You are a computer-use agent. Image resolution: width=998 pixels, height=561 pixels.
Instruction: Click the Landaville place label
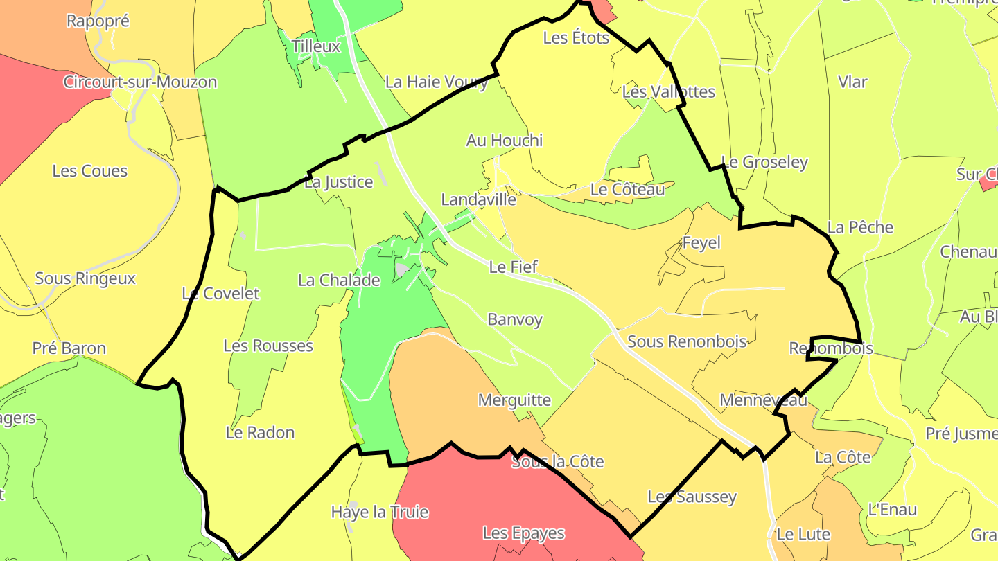(x=479, y=199)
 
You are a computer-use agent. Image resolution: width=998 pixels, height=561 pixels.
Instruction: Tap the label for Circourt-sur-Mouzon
(x=140, y=82)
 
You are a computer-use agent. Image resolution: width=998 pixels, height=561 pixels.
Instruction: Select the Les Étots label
(x=576, y=38)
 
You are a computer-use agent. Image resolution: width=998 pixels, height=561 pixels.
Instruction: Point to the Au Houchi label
(x=505, y=141)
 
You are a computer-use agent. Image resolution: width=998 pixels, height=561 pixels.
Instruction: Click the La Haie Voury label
(x=437, y=82)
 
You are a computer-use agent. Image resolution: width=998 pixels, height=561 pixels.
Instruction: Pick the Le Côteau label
(x=627, y=189)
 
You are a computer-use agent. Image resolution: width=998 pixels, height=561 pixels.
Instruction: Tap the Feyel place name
(x=701, y=243)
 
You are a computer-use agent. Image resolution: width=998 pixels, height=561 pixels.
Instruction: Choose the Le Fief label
(x=514, y=267)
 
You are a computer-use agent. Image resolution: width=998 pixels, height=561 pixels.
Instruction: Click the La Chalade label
(x=339, y=280)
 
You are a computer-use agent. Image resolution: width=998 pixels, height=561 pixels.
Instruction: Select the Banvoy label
(x=515, y=320)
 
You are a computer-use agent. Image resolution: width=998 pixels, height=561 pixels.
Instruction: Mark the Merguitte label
(x=514, y=400)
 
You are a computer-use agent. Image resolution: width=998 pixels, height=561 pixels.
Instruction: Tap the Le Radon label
(x=261, y=433)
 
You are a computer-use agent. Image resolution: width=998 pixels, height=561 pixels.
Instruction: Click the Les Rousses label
(x=268, y=346)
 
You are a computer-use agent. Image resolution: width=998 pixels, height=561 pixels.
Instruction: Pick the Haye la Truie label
(x=380, y=513)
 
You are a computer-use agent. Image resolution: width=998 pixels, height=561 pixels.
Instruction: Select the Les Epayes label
(x=524, y=533)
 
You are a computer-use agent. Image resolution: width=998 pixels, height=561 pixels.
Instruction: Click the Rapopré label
(x=98, y=21)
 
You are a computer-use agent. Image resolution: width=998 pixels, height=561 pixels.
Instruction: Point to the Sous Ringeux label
(x=85, y=278)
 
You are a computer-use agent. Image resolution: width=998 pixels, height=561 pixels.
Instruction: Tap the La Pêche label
(x=860, y=227)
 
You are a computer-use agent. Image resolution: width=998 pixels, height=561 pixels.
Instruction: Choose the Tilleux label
(x=316, y=46)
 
